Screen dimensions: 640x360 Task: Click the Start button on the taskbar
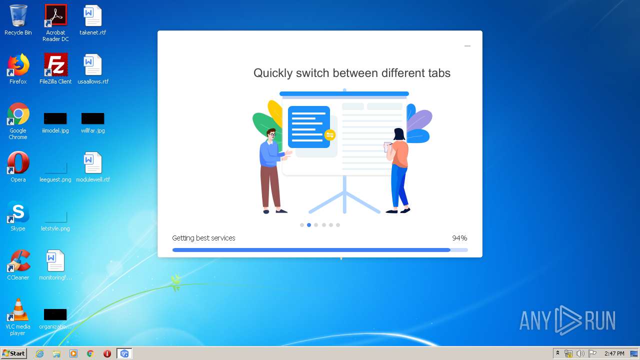tap(13, 353)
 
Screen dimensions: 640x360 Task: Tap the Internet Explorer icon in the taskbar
tap(39, 353)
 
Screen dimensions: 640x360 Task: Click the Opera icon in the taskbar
tap(107, 353)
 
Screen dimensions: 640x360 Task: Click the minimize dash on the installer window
tap(467, 45)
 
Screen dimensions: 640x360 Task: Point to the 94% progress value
tap(459, 238)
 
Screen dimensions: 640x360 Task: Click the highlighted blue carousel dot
tap(309, 225)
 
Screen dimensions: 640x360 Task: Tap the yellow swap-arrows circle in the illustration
tap(329, 135)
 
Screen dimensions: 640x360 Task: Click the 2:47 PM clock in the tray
tap(614, 353)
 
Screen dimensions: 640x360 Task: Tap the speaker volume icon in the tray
tap(580, 353)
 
